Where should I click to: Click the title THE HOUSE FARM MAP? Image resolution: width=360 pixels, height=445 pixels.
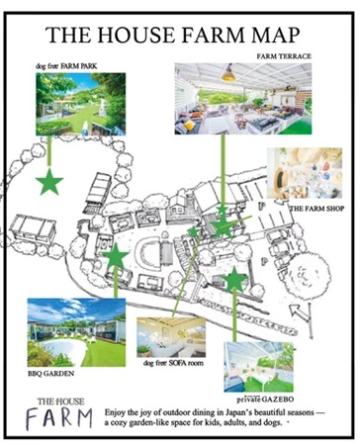click(172, 35)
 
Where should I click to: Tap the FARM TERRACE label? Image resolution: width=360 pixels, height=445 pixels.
click(284, 56)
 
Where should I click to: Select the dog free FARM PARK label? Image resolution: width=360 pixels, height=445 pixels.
click(66, 66)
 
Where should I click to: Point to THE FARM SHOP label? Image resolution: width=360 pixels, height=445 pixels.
click(316, 209)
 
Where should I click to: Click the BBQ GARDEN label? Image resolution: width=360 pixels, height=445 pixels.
click(51, 374)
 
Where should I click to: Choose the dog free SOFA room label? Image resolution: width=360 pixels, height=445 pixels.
click(173, 363)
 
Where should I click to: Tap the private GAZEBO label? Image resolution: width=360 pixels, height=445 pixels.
click(265, 400)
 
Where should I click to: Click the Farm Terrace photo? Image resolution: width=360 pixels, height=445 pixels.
click(243, 99)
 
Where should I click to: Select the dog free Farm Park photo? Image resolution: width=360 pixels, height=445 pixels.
click(81, 104)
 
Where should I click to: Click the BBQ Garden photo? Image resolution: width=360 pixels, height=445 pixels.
click(76, 332)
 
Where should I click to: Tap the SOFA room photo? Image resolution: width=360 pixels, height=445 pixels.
click(171, 337)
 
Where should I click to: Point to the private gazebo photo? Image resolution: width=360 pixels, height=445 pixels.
click(258, 367)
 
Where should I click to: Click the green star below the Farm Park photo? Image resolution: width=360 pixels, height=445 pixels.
click(49, 182)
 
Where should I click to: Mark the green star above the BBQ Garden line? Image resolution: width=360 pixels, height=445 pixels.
click(116, 256)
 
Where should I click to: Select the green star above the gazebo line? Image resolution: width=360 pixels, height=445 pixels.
click(234, 280)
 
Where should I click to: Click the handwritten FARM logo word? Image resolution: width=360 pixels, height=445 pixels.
click(59, 419)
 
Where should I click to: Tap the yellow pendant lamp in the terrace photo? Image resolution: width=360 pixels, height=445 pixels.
click(228, 74)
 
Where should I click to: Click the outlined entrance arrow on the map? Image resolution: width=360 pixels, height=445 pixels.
click(301, 312)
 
